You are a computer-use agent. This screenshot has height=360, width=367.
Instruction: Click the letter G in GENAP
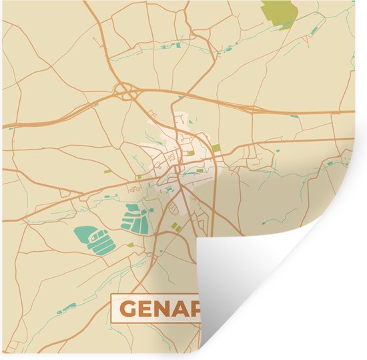(x=128, y=310)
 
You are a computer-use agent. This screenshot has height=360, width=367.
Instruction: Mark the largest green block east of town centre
(x=216, y=148)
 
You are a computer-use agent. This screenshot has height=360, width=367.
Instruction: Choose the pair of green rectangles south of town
(x=176, y=228)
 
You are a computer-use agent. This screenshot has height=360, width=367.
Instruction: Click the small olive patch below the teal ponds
(x=131, y=245)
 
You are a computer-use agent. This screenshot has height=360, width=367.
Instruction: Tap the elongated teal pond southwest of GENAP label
(x=67, y=308)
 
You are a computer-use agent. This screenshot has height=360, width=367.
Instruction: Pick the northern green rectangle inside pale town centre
(x=191, y=153)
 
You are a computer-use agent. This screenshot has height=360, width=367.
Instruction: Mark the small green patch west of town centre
(x=139, y=178)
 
